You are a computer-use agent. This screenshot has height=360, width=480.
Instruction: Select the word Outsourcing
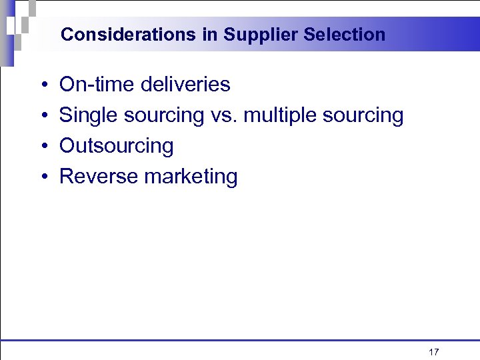click(117, 146)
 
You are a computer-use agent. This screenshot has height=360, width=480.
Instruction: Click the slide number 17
click(433, 352)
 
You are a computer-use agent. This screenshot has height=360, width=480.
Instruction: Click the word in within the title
click(210, 35)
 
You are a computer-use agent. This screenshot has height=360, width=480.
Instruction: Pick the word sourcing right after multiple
click(363, 116)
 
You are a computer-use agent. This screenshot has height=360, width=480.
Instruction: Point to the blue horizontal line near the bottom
click(240, 340)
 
